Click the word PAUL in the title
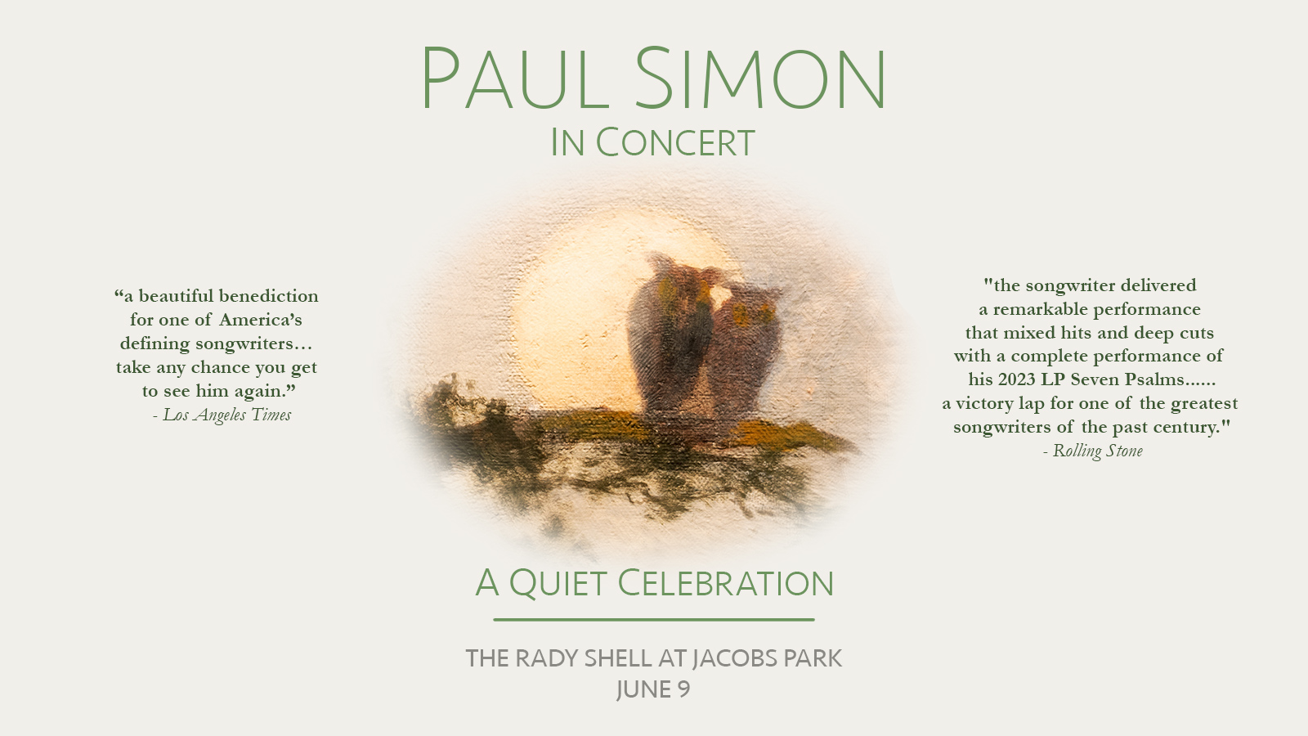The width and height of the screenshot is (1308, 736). (515, 79)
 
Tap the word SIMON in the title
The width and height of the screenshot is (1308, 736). (761, 79)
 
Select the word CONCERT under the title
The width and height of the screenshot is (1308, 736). (675, 142)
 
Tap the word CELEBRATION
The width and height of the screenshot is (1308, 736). (725, 583)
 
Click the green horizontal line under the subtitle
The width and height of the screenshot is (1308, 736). (653, 620)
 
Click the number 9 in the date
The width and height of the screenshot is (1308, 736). (683, 689)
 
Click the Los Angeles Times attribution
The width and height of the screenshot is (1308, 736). (222, 415)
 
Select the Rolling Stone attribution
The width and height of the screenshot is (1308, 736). (1092, 451)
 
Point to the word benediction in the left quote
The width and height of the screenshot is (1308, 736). (269, 296)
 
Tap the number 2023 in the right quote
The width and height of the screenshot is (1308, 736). (1017, 379)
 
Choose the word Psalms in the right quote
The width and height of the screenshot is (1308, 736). (1156, 379)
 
